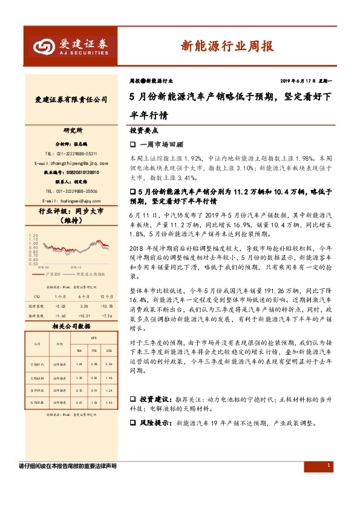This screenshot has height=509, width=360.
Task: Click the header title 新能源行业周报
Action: (x=227, y=46)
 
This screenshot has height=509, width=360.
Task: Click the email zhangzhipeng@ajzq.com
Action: (x=72, y=163)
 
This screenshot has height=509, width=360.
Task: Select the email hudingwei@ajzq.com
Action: (x=75, y=200)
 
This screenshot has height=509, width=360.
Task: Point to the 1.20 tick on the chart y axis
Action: (x=34, y=235)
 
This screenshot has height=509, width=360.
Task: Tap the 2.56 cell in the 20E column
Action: (x=109, y=365)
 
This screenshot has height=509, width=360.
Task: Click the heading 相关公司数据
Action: (x=71, y=325)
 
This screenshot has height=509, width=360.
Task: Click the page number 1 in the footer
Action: (x=328, y=465)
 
